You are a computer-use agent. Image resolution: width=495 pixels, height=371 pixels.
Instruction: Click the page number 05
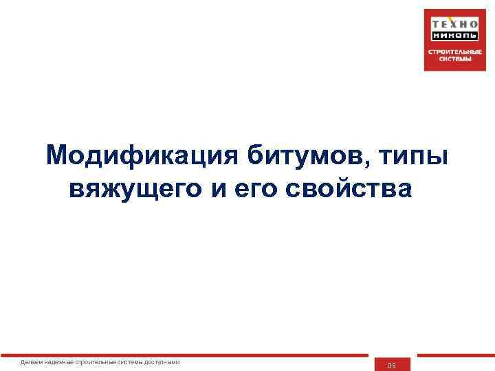tap(392, 366)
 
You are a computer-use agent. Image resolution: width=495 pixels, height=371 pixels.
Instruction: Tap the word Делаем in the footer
tap(30, 362)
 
